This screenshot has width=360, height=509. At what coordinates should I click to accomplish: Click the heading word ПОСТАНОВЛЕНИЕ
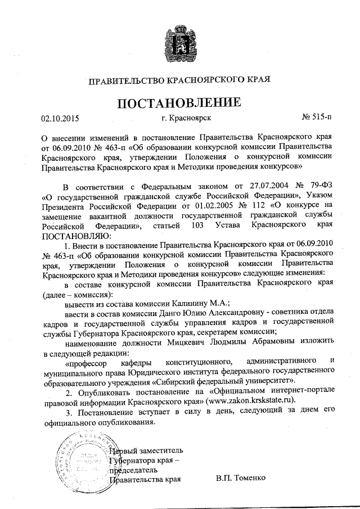(179, 102)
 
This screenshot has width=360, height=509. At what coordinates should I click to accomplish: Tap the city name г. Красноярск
(186, 118)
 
